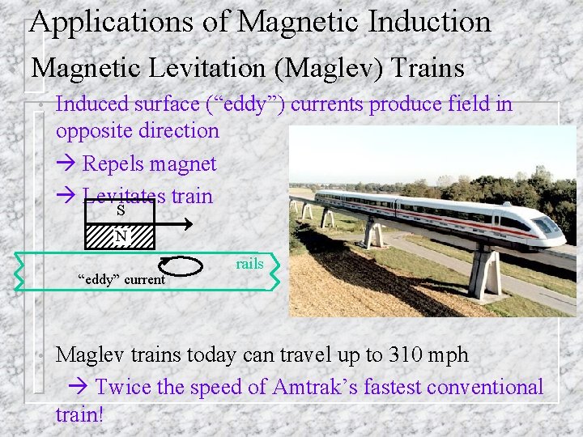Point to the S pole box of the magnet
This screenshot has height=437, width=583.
pyautogui.click(x=120, y=211)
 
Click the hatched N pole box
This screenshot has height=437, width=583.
pyautogui.click(x=120, y=236)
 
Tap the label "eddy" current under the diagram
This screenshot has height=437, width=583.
pyautogui.click(x=121, y=280)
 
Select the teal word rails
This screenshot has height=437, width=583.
pyautogui.click(x=249, y=264)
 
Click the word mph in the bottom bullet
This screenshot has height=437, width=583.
pyautogui.click(x=450, y=355)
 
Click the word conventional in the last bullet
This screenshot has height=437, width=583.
pyautogui.click(x=485, y=387)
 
